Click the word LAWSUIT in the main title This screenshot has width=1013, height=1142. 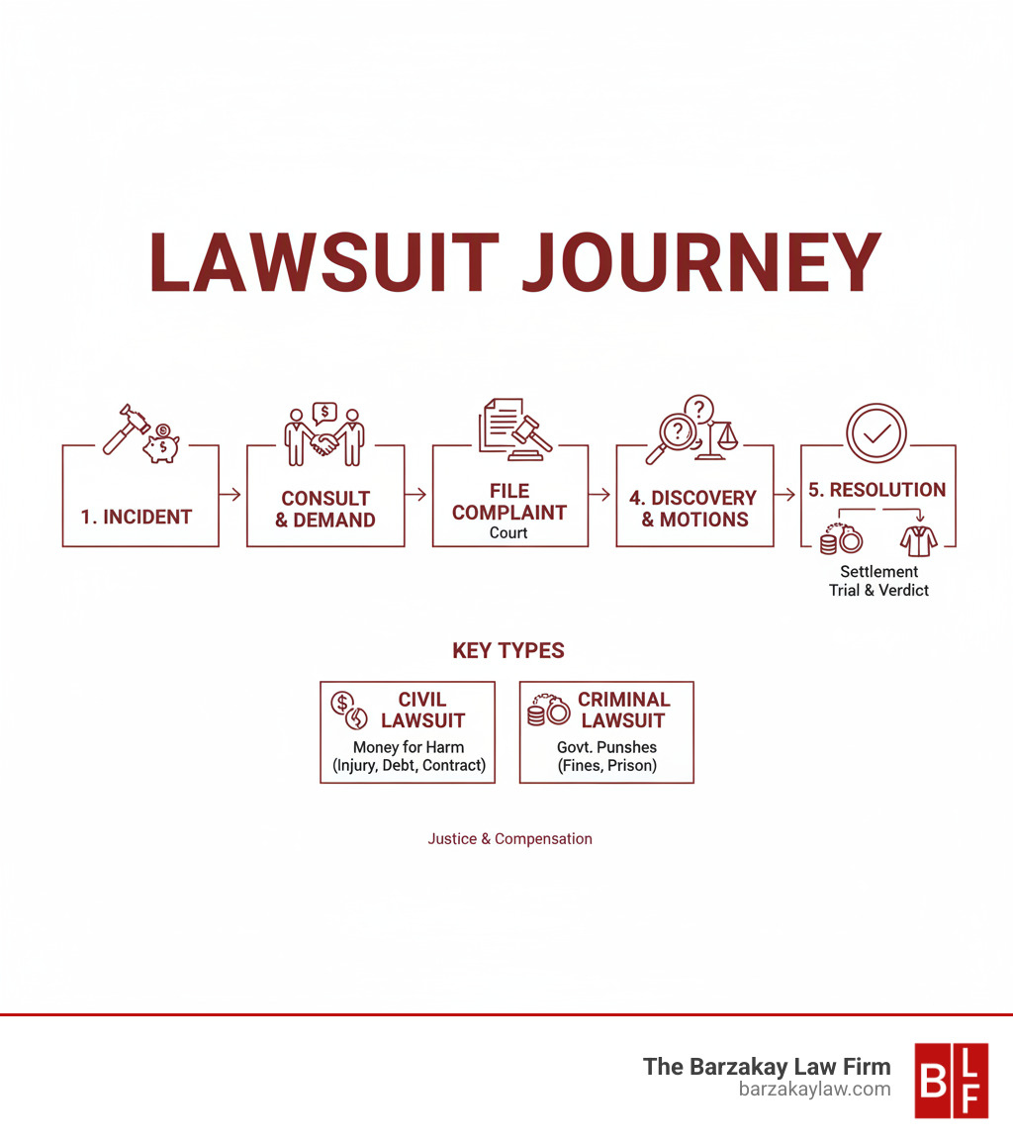(324, 263)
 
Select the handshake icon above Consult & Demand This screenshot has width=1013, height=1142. (324, 444)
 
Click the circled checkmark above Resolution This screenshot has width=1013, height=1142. (876, 433)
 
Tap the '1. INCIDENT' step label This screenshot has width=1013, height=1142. (137, 516)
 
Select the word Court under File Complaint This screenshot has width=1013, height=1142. (508, 532)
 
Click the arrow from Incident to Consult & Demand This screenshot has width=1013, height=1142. (230, 494)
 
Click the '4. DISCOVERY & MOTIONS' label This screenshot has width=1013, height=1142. (692, 508)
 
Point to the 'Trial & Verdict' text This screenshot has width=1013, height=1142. (878, 590)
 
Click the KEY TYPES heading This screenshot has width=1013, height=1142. (507, 651)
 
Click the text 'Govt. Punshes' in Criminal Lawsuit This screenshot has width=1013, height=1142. (606, 747)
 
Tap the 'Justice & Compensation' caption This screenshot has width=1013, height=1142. (509, 838)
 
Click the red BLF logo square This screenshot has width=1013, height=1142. (952, 1080)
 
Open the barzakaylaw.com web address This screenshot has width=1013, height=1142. (814, 1089)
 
